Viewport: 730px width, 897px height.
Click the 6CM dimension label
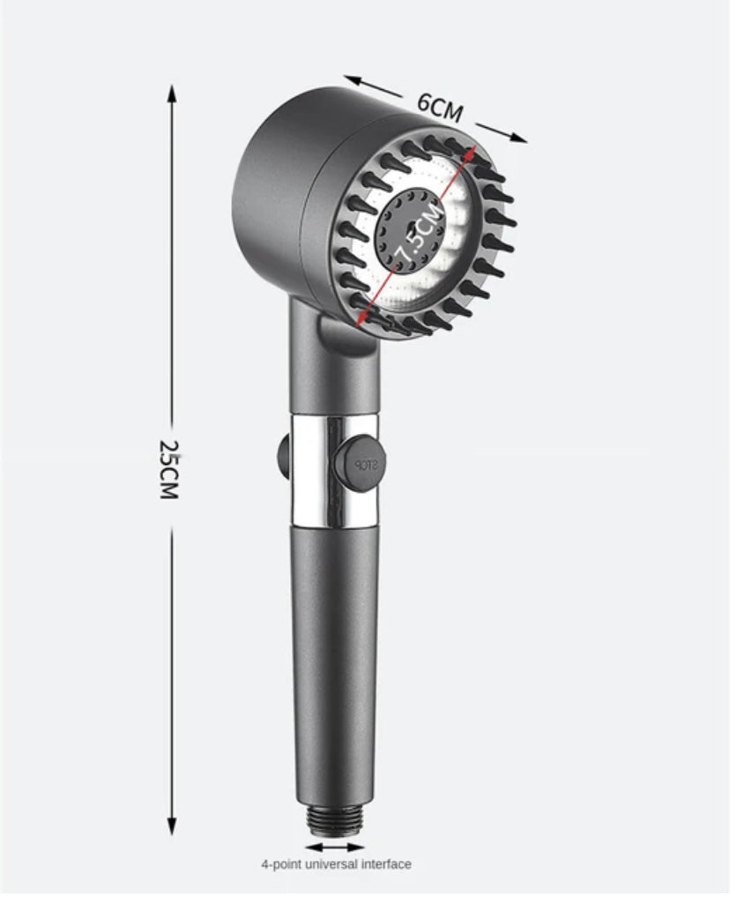[439, 107]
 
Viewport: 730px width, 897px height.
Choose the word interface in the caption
[387, 864]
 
